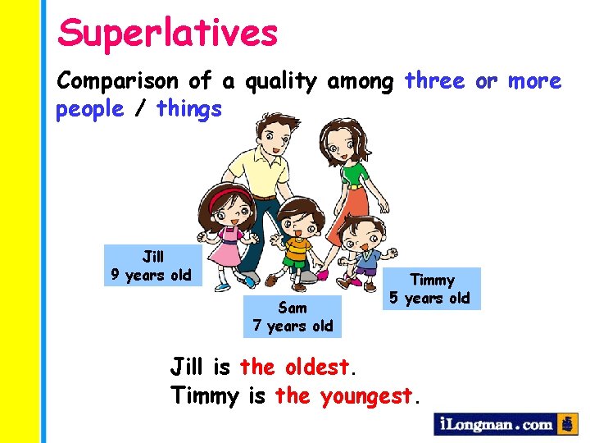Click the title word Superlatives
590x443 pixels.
(x=168, y=34)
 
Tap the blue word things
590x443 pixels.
(x=188, y=108)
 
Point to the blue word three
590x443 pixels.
(x=434, y=80)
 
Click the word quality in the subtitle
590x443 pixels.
(x=279, y=80)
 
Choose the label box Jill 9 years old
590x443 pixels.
(x=152, y=266)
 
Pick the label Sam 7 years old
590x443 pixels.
(x=293, y=317)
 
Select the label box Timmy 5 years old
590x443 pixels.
(x=430, y=289)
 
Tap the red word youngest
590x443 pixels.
(x=367, y=395)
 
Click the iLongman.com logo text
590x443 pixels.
(x=495, y=424)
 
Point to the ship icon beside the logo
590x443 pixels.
(x=567, y=424)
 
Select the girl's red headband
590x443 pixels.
(x=227, y=196)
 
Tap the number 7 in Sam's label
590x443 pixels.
(x=257, y=326)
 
